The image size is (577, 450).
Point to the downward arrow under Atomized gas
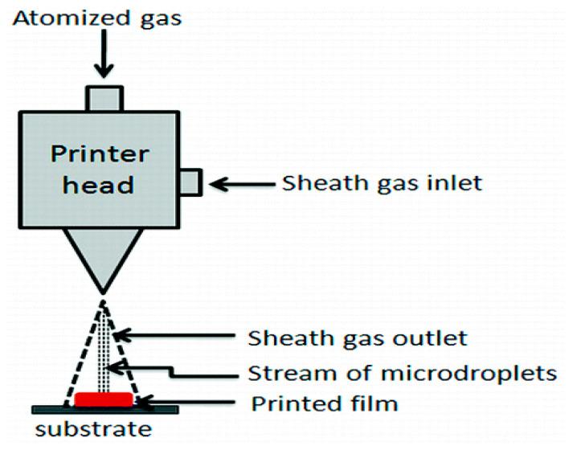pos(104,54)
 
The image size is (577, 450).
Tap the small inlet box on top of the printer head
pos(104,99)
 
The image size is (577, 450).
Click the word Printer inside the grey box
pos(100,154)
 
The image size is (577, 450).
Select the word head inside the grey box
pos(98,184)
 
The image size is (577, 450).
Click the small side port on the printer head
pos(191,182)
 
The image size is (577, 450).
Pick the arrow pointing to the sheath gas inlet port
pos(242,184)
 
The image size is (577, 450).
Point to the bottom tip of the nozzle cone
pos(104,293)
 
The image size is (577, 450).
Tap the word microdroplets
pos(469,373)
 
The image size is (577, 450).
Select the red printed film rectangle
pos(104,399)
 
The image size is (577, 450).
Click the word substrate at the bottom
pos(93,429)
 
